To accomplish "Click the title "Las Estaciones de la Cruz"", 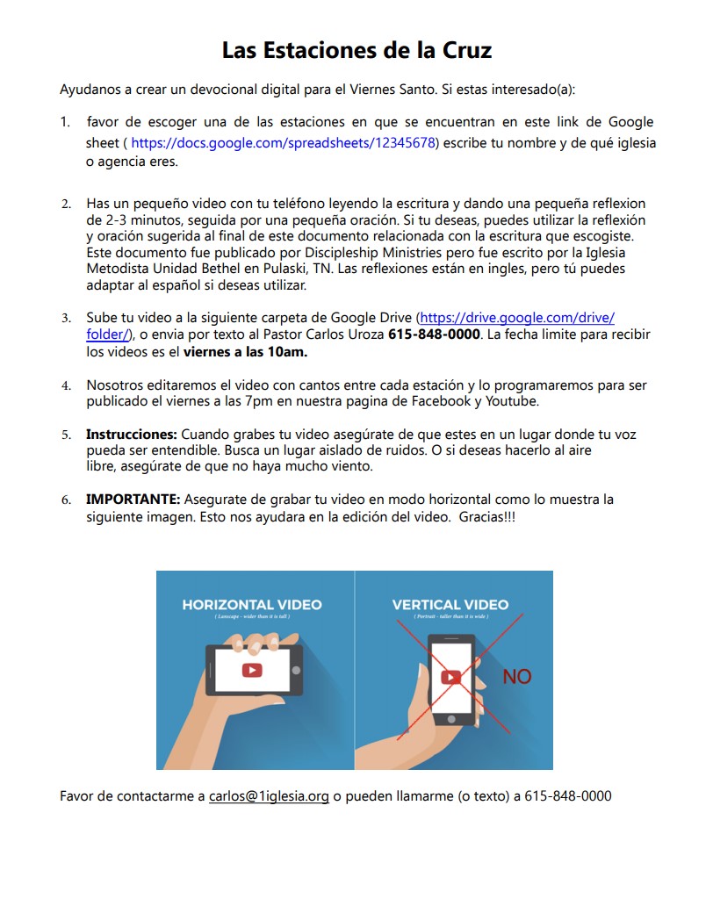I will click(x=356, y=50).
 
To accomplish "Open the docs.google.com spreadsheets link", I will click(x=284, y=143).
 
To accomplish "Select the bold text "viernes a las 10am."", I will click(x=245, y=353).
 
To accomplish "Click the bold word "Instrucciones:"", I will click(x=132, y=435).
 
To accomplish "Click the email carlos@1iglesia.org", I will click(x=269, y=796).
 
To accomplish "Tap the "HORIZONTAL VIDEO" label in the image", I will click(x=252, y=605).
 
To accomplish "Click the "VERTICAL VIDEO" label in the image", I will click(x=450, y=605).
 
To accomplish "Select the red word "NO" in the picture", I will click(x=517, y=677).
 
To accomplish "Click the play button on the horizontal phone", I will click(x=252, y=670).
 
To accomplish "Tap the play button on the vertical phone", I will click(x=451, y=677).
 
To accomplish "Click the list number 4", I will click(x=66, y=386).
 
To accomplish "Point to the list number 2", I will click(x=66, y=204).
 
